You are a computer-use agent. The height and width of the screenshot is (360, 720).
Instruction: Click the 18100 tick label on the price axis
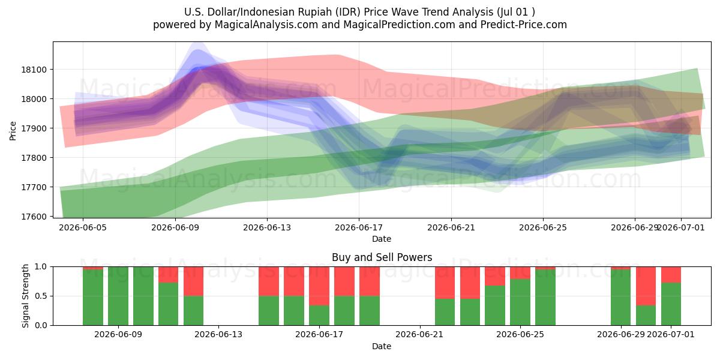point(34,70)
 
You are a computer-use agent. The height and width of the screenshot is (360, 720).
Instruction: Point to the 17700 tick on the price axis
point(34,187)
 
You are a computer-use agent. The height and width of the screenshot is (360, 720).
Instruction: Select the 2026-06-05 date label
point(83,227)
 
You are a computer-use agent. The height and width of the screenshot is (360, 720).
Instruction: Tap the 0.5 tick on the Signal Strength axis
point(41,296)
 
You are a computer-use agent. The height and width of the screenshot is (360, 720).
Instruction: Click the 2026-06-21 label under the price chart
point(451,227)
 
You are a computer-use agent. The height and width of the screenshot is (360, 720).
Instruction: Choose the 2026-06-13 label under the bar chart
point(218,335)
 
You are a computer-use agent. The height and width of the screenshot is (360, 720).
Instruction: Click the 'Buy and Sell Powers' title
point(382,257)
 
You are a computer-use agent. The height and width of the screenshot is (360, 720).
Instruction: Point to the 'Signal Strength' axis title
point(26,296)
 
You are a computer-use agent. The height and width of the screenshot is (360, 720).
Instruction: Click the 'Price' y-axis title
point(13,131)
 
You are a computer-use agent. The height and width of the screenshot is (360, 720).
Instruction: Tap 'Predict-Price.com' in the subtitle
point(524,25)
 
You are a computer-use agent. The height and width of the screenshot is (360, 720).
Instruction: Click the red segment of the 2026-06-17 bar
point(319,286)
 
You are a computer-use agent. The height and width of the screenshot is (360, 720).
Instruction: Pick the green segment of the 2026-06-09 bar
point(118,296)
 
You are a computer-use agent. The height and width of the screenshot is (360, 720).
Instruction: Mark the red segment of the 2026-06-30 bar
point(646,286)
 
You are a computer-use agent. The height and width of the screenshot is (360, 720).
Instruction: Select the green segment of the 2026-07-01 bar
point(671,304)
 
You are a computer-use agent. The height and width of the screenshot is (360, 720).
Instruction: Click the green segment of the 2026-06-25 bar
point(520,302)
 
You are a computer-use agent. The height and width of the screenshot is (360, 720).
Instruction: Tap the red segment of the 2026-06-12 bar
point(193,281)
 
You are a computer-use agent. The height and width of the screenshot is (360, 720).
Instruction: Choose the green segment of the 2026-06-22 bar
point(445,312)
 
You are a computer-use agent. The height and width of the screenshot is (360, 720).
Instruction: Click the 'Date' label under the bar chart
point(382,347)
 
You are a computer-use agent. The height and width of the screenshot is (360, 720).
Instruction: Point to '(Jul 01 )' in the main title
point(516,12)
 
